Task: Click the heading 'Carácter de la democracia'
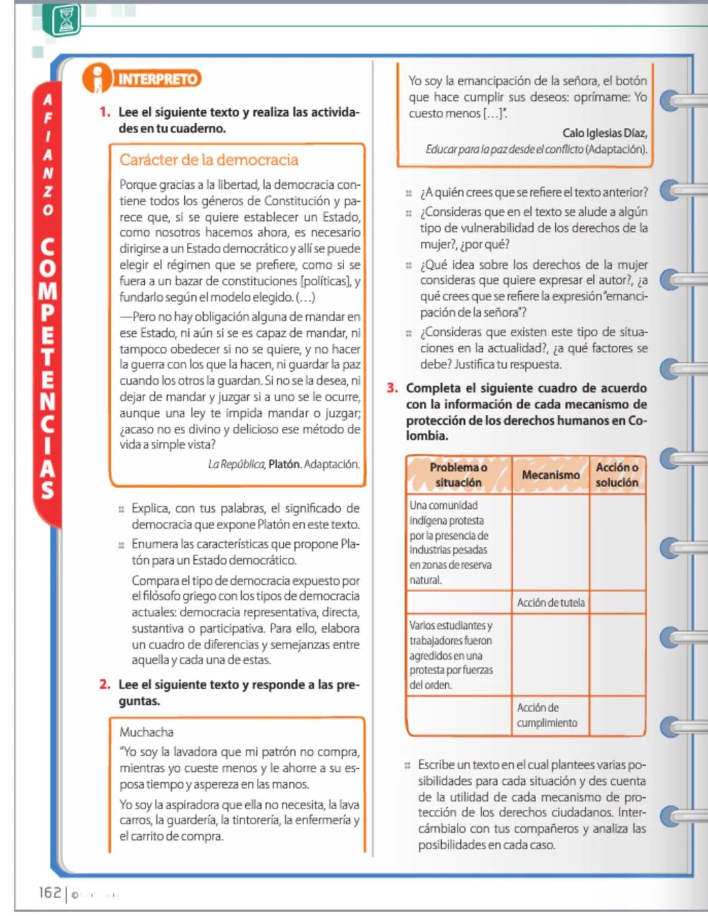pyautogui.click(x=208, y=160)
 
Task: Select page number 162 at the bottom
pyautogui.click(x=50, y=892)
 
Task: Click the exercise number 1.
pyautogui.click(x=105, y=112)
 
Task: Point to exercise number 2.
pyautogui.click(x=105, y=685)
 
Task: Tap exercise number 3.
pyautogui.click(x=392, y=388)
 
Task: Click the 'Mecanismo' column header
pyautogui.click(x=550, y=475)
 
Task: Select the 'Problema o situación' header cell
pyautogui.click(x=458, y=475)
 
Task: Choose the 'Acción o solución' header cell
pyautogui.click(x=617, y=475)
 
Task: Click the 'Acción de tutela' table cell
pyautogui.click(x=550, y=603)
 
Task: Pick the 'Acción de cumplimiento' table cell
pyautogui.click(x=547, y=715)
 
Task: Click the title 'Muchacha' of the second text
pyautogui.click(x=146, y=732)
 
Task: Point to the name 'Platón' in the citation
pyautogui.click(x=284, y=464)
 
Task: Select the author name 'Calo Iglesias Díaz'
pyautogui.click(x=604, y=133)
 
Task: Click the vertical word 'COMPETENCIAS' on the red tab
pyautogui.click(x=47, y=367)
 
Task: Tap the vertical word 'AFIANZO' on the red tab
pyautogui.click(x=47, y=155)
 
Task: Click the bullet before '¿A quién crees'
pyautogui.click(x=408, y=193)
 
